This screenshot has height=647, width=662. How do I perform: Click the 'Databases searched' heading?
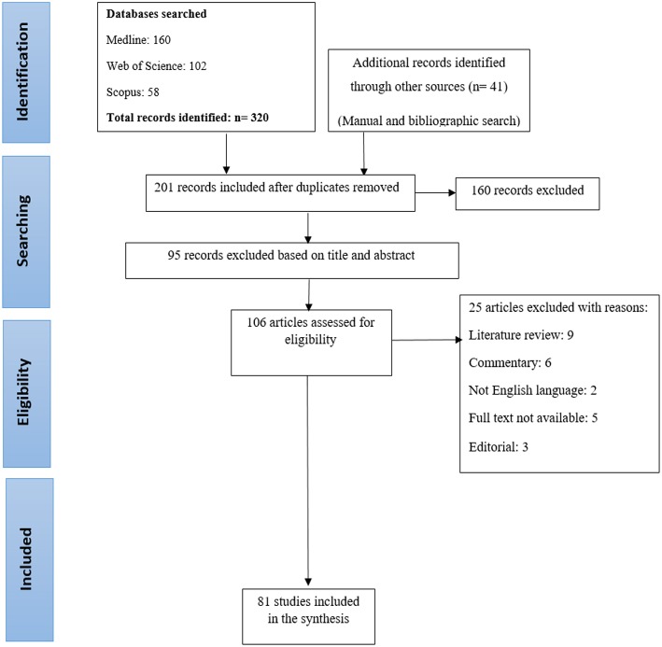pyautogui.click(x=156, y=14)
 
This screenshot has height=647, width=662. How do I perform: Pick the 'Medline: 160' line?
pyautogui.click(x=138, y=39)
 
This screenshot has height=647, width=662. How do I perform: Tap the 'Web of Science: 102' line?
pyautogui.click(x=156, y=66)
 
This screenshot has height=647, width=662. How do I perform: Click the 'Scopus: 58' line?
pyautogui.click(x=133, y=92)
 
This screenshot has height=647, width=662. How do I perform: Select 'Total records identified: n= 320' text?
pyautogui.click(x=188, y=118)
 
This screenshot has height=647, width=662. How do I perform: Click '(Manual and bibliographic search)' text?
pyautogui.click(x=429, y=120)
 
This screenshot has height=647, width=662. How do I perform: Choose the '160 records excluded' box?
pyautogui.click(x=528, y=193)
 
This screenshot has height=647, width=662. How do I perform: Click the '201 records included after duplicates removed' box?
pyautogui.click(x=280, y=193)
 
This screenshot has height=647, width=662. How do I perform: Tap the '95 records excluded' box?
pyautogui.click(x=292, y=260)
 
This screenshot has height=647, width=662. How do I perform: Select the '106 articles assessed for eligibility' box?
pyautogui.click(x=311, y=343)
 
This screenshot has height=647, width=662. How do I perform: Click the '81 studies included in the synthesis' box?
pyautogui.click(x=309, y=616)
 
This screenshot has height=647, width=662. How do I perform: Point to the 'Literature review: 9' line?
pyautogui.click(x=521, y=335)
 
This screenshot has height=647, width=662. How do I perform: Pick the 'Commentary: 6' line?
pyautogui.click(x=510, y=363)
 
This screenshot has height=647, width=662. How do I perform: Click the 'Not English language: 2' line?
pyautogui.click(x=532, y=390)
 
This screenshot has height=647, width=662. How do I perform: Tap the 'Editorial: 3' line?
pyautogui.click(x=499, y=447)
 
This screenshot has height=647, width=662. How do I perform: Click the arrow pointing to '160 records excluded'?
pyautogui.click(x=435, y=193)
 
